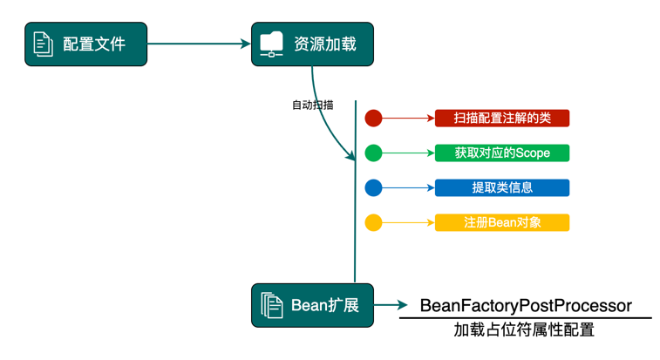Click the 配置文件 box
point(85,44)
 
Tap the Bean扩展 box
point(312,305)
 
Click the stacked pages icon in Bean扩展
point(272,305)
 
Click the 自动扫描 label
point(312,105)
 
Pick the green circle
point(373,153)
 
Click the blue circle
point(373,187)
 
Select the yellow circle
point(373,222)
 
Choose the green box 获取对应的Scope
point(501,153)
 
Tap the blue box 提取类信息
point(501,187)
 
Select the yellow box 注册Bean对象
point(501,222)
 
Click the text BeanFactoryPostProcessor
point(525,306)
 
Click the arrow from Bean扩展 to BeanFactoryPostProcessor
point(391,305)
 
